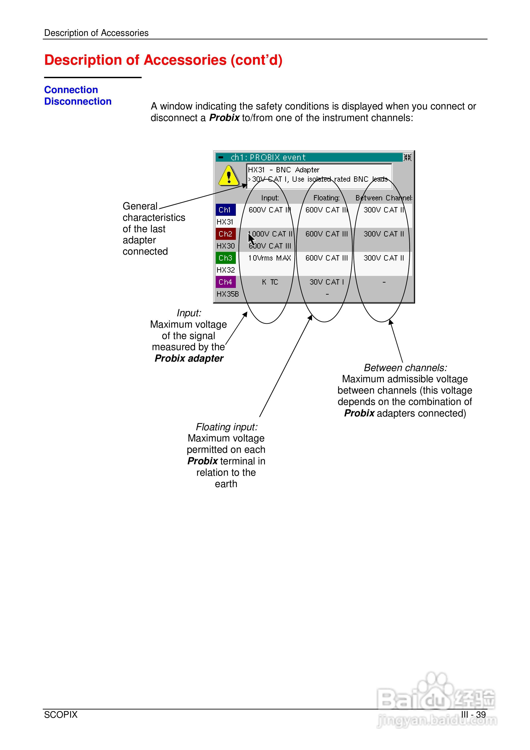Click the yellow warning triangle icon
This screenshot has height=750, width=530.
coord(228,176)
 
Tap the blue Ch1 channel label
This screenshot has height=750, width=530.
coord(225,210)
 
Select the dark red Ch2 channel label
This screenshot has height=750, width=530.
coord(225,234)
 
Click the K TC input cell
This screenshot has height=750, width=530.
coord(270,282)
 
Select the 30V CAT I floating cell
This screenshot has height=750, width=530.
coord(326,282)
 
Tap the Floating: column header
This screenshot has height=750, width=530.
coord(326,198)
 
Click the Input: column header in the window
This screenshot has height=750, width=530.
coord(270,198)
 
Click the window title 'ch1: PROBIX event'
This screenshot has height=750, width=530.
coord(268,157)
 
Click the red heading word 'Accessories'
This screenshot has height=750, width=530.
coord(185,60)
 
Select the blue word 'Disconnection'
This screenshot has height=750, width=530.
coord(78,102)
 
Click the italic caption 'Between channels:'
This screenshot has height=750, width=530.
coord(405,368)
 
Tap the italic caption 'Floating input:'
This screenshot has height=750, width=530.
coord(227,427)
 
